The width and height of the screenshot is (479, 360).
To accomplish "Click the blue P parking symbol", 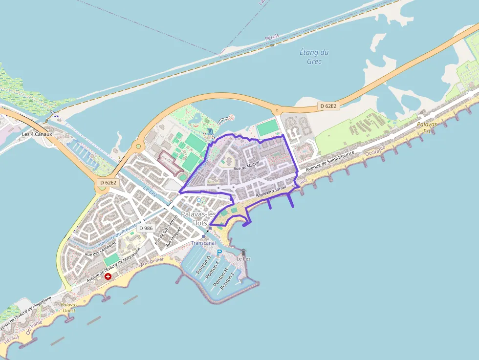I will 219,252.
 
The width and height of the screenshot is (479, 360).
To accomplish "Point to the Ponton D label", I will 203,264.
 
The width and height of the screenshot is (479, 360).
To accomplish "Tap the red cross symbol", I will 108,276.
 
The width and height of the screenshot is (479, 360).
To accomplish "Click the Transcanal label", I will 203,243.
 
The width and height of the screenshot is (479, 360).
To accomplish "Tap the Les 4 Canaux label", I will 37,134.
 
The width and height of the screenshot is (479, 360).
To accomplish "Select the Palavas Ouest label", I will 69,307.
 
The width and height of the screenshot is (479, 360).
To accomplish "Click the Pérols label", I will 272,37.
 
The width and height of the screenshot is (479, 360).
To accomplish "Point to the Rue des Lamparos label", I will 101,249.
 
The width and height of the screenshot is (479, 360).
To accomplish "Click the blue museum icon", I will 210,131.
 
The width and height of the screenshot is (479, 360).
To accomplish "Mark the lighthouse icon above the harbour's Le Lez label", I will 243,252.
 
